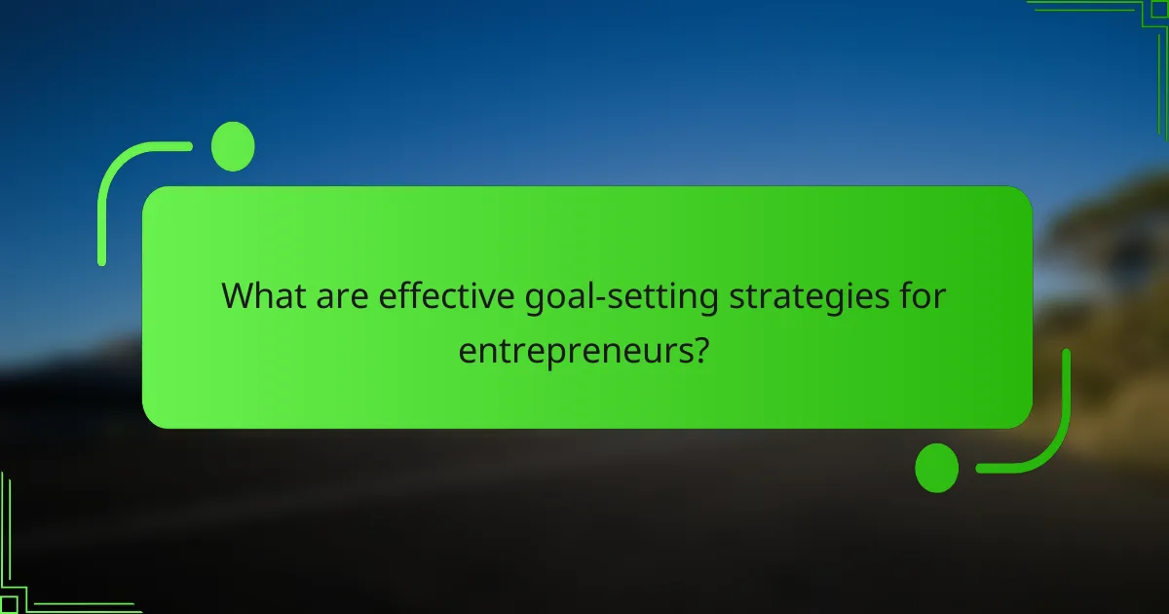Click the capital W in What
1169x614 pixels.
238,296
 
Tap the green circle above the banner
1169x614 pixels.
233,147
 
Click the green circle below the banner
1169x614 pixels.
937,468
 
